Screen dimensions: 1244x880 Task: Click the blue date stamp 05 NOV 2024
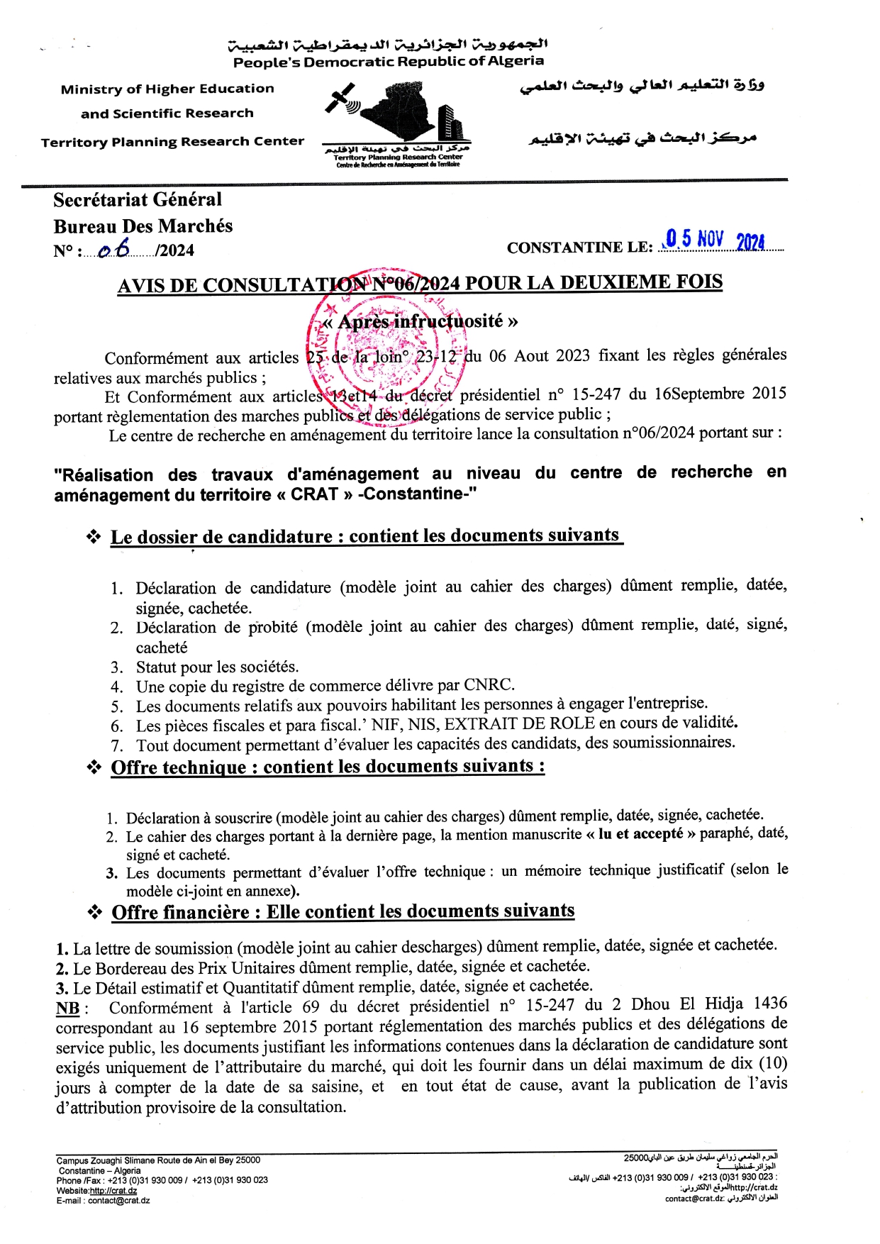click(x=715, y=240)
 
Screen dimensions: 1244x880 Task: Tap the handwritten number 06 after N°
click(x=116, y=248)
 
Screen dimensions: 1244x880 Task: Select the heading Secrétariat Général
click(x=138, y=200)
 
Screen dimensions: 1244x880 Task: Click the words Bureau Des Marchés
click(x=143, y=226)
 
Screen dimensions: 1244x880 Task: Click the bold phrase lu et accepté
click(x=641, y=834)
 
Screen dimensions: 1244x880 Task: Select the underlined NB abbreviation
click(x=68, y=1008)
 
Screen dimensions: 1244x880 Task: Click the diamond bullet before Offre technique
click(x=94, y=767)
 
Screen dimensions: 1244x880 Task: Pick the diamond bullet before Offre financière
click(x=94, y=912)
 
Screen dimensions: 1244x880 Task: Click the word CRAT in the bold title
click(x=314, y=494)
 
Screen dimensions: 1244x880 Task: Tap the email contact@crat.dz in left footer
click(x=118, y=1201)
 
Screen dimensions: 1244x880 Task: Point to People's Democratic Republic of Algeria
click(x=389, y=62)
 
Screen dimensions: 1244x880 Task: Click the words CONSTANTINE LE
click(x=579, y=248)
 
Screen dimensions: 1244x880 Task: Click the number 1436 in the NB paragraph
click(x=770, y=1004)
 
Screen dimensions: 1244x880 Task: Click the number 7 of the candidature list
click(x=117, y=745)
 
